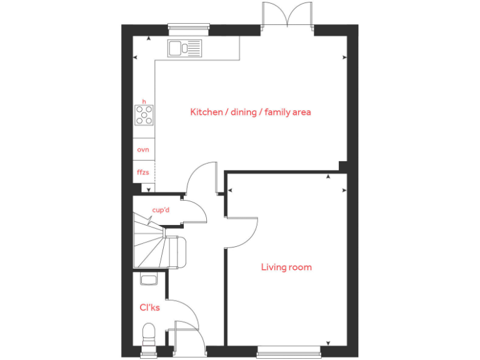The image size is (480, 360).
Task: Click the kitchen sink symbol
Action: tap(185, 47)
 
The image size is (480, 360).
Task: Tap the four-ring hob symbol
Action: tap(144, 114)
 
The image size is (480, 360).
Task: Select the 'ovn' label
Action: tap(143, 150)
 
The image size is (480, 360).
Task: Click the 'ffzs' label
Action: tap(143, 171)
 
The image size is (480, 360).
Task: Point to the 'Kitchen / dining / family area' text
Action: tap(251, 112)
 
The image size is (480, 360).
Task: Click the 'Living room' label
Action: tap(286, 267)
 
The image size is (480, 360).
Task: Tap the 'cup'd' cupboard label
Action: tap(161, 210)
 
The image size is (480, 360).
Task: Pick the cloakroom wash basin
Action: tap(148, 279)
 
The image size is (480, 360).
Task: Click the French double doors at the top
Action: tap(287, 16)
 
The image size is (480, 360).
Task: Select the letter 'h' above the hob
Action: tap(144, 101)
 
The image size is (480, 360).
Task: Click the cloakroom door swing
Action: tap(183, 312)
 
